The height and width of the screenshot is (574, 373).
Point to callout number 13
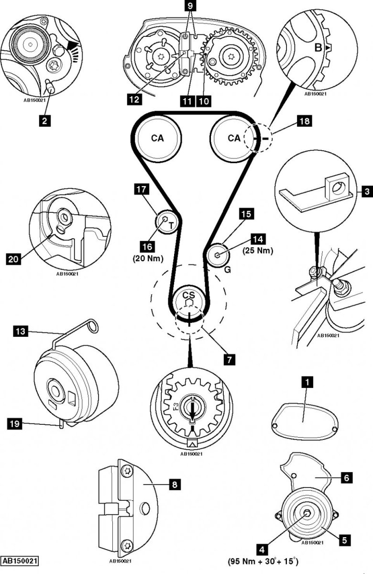pos(20,331)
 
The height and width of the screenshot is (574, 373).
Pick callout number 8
pos(175,485)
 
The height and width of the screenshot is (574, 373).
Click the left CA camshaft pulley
pos(157,138)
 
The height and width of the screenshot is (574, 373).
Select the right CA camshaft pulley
pos(233,138)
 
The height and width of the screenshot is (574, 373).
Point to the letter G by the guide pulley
pos(227,270)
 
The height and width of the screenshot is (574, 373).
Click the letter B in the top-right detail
pos(317,47)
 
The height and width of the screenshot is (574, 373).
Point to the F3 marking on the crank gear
pos(176,407)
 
